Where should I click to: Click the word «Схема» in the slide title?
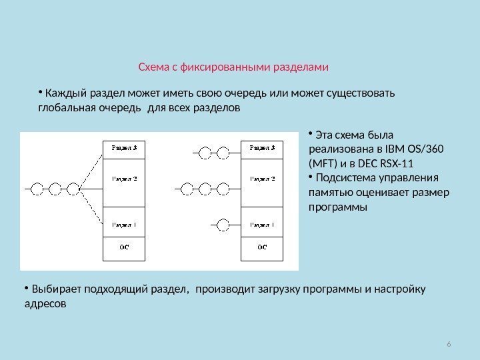tap(153, 67)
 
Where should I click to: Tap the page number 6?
tap(449, 344)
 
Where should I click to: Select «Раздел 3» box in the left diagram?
tap(124, 147)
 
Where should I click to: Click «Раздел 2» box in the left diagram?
tap(124, 180)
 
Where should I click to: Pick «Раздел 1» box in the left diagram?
tap(124, 224)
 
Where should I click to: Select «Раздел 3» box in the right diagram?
tap(263, 147)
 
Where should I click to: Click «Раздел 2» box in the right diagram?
tap(263, 180)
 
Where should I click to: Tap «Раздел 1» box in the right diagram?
tap(263, 224)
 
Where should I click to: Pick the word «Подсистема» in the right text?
tap(346, 178)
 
